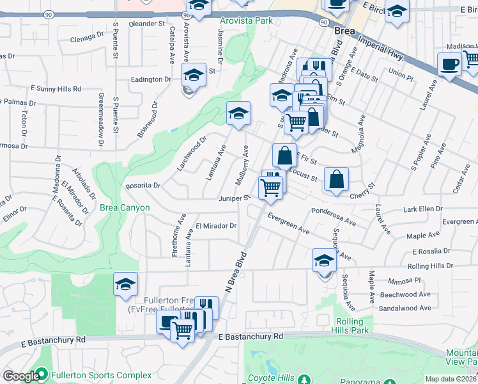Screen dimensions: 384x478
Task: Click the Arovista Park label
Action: click(246, 21)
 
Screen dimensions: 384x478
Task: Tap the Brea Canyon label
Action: click(125, 207)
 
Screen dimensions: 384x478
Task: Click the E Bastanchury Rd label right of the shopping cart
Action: click(250, 336)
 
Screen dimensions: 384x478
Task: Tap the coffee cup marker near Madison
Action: click(449, 64)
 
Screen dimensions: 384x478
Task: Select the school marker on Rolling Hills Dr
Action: click(324, 260)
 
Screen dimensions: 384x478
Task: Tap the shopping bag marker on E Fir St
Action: click(284, 156)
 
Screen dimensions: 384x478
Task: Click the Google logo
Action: click(20, 376)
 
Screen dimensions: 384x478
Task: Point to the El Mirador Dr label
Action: click(216, 226)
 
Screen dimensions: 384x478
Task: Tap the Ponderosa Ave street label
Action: click(333, 216)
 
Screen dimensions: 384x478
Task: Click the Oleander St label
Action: click(147, 24)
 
